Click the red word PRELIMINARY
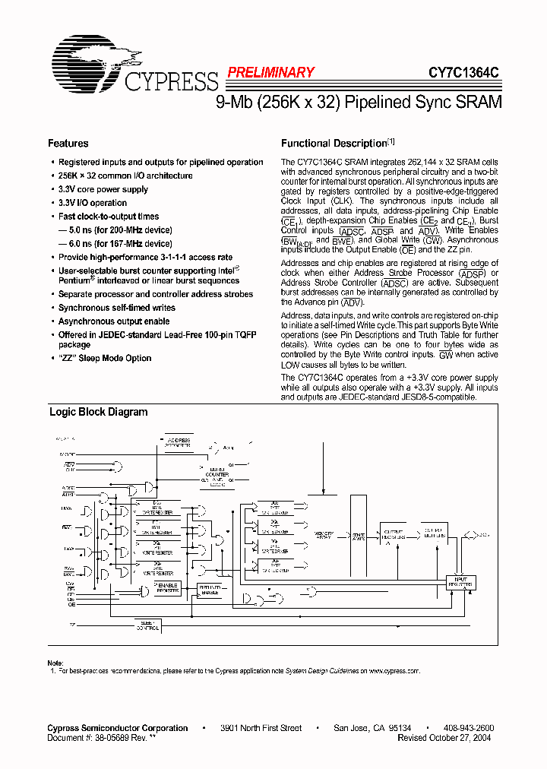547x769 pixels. click(270, 73)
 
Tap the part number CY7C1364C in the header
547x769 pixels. click(464, 73)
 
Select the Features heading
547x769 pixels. click(68, 144)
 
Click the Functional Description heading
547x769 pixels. click(334, 144)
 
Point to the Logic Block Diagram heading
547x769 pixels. click(98, 413)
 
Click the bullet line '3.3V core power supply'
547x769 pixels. click(103, 189)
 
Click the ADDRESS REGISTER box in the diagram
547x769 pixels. click(179, 442)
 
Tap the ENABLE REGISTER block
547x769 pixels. click(167, 587)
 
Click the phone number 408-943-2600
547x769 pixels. click(469, 728)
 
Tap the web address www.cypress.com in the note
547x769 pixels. click(394, 672)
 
